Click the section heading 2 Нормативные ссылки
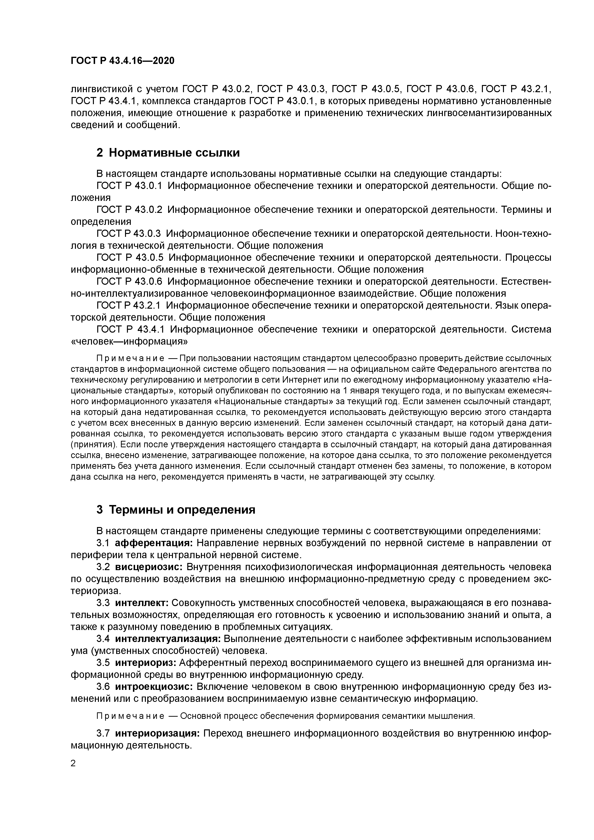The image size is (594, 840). tap(168, 153)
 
